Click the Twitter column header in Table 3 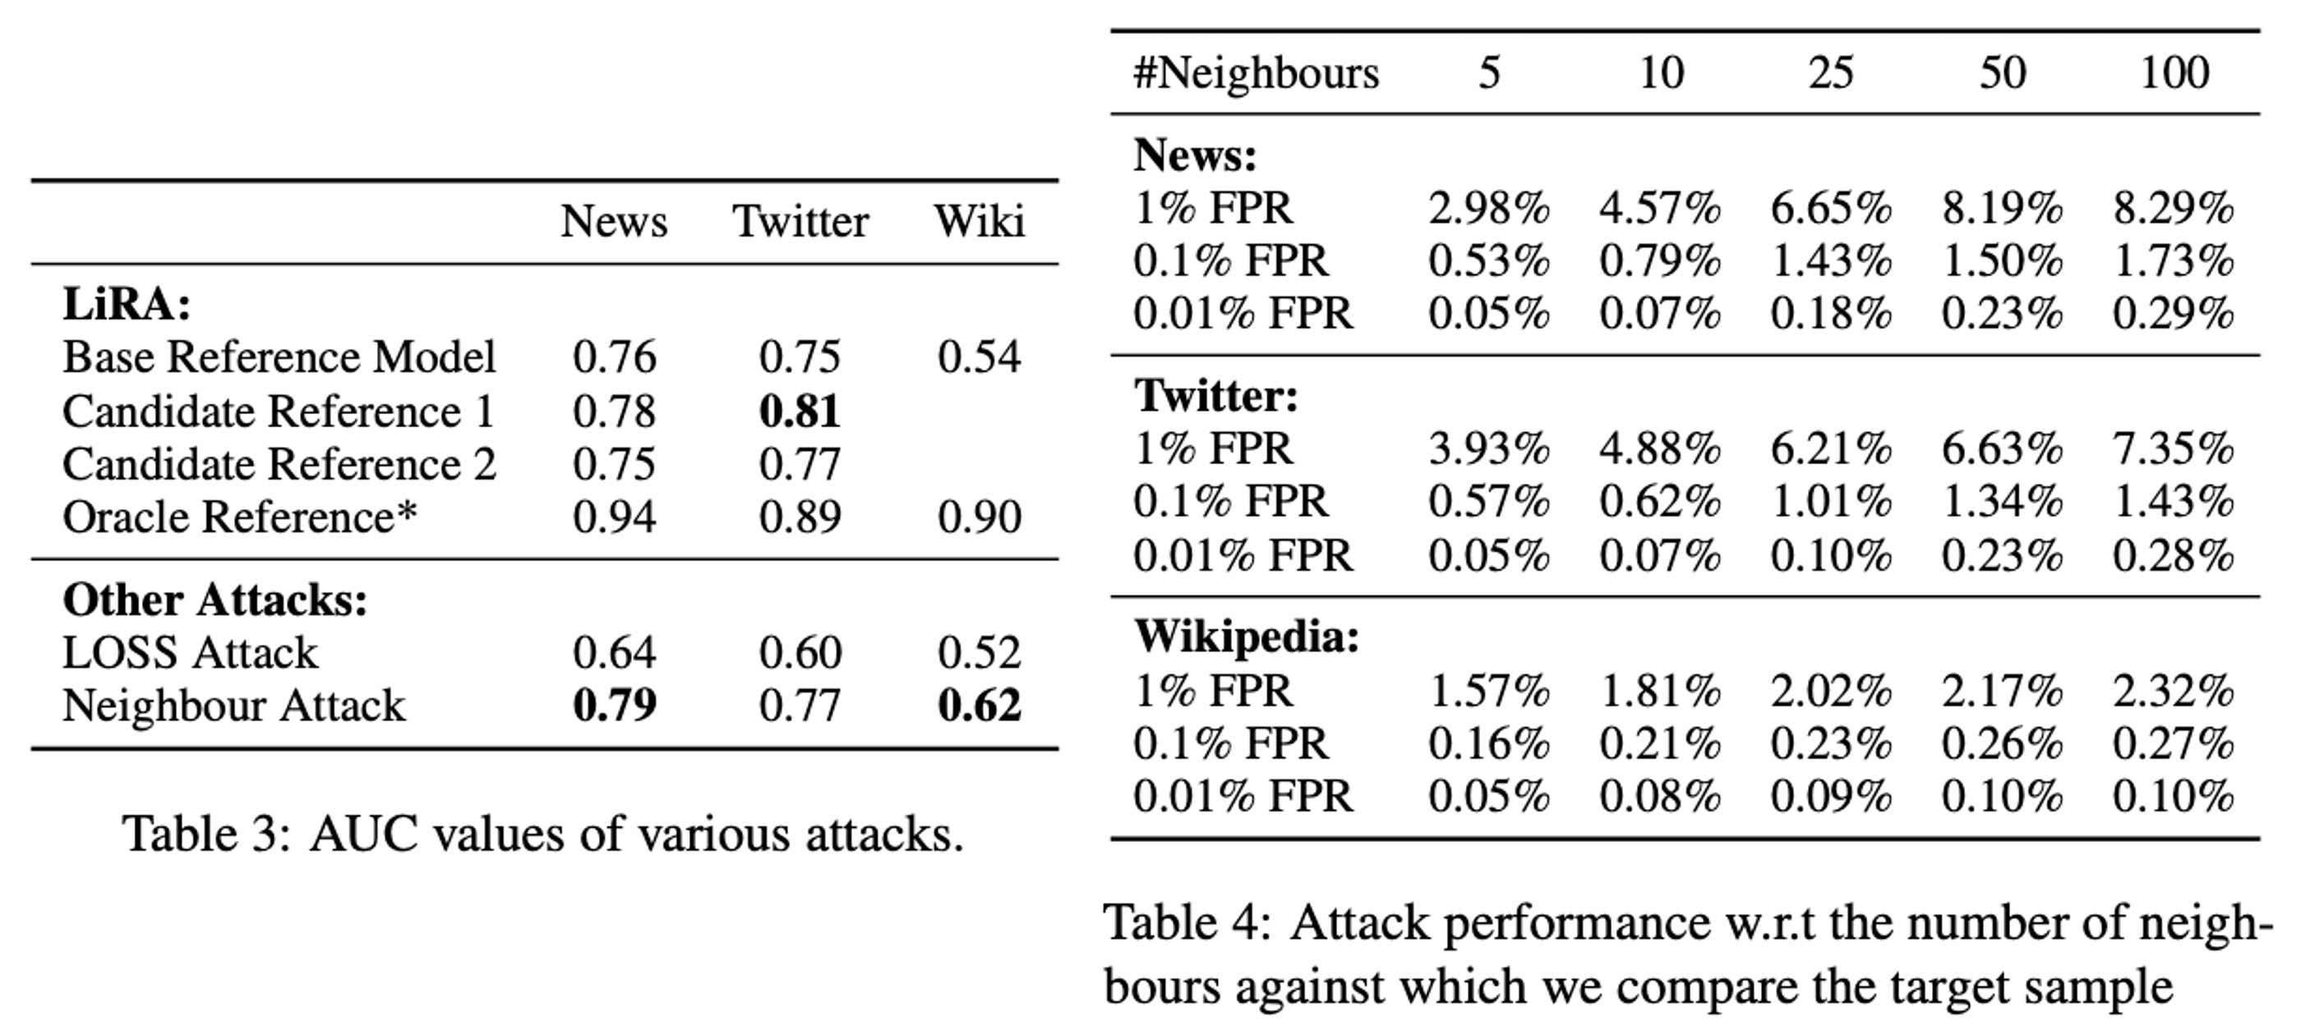[x=800, y=222]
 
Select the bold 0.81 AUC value [x=800, y=412]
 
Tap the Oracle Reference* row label [x=239, y=517]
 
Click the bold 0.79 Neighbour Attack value [x=615, y=706]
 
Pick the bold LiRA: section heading [x=127, y=305]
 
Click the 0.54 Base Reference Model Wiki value [x=979, y=357]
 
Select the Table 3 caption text [x=543, y=835]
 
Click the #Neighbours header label [x=1256, y=73]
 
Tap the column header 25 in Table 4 [x=1831, y=73]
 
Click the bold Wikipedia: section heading [x=1247, y=637]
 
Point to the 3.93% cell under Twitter [x=1488, y=448]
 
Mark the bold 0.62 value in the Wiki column [x=979, y=706]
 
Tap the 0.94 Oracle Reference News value [x=615, y=517]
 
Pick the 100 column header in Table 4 [x=2174, y=73]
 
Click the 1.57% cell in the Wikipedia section [x=1488, y=691]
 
